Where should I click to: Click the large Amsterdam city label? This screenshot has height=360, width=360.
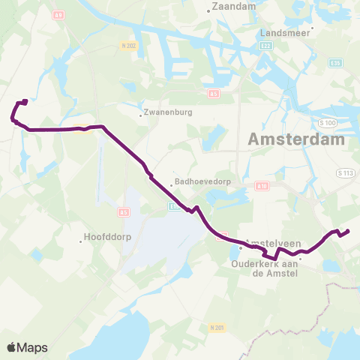296,139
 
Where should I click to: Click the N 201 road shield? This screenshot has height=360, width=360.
217,328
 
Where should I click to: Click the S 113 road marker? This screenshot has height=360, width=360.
345,173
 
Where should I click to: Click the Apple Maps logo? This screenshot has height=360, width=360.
27,347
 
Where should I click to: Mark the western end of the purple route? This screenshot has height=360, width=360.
25,101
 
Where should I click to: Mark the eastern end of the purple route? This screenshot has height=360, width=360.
349,230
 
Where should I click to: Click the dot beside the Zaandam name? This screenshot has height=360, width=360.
208,10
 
